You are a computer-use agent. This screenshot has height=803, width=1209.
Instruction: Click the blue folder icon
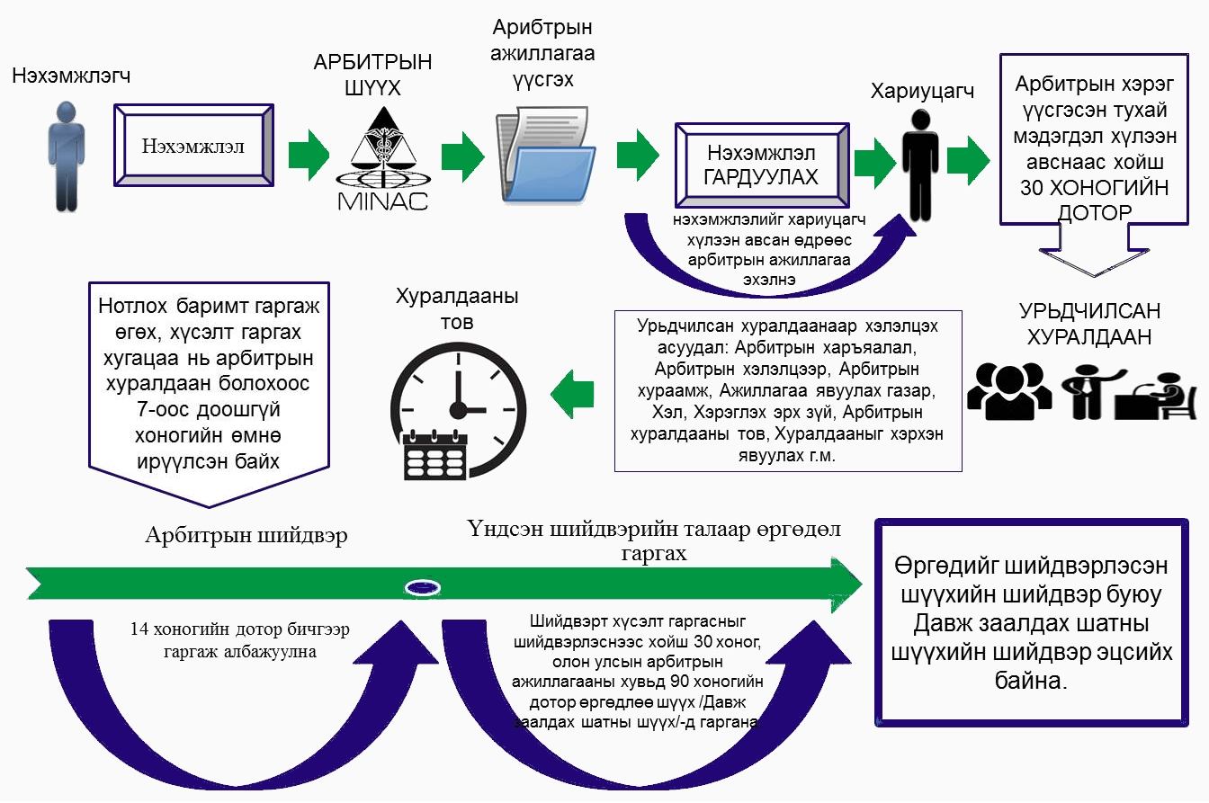549,157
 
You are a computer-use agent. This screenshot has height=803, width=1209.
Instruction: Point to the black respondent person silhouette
918,166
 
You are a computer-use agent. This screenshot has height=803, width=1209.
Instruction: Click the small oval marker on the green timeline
422,587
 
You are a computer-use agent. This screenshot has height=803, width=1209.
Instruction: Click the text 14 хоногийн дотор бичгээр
221,630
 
